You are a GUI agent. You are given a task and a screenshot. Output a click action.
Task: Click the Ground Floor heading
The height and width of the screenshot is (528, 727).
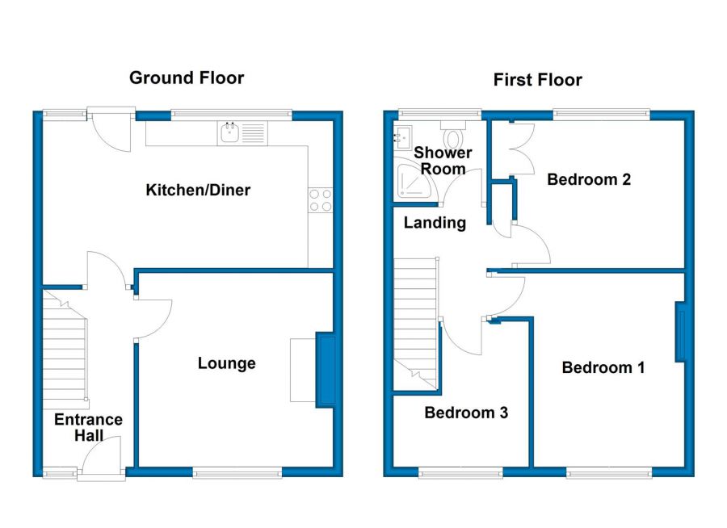[x=187, y=78]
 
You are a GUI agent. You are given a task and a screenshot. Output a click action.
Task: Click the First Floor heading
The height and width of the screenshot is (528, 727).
[x=537, y=80]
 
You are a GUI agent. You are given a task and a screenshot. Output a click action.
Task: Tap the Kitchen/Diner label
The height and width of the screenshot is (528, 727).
[x=198, y=190]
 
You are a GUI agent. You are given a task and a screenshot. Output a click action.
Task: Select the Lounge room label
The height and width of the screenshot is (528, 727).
[x=227, y=363]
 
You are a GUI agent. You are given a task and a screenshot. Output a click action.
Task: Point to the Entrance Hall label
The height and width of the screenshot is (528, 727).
[x=89, y=427]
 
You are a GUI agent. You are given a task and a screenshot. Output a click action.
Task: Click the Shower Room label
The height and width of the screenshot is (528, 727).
[x=443, y=161]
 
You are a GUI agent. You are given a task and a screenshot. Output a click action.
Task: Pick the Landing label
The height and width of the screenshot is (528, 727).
[x=435, y=223]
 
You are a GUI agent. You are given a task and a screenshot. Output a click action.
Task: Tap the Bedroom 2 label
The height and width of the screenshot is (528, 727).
[x=589, y=179]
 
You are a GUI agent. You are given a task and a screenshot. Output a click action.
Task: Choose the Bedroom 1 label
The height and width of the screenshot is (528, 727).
[x=603, y=367]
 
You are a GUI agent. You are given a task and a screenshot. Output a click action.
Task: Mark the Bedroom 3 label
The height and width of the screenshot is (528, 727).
[x=466, y=413]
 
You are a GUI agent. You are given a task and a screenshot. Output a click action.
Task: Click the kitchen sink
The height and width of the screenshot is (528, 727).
[x=242, y=133]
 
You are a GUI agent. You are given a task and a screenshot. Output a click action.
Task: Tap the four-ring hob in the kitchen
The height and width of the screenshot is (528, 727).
[x=321, y=200]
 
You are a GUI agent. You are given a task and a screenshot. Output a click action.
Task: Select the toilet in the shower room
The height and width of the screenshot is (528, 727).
[x=453, y=134]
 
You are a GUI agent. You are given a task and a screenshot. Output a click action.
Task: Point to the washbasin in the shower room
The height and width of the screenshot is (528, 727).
[x=402, y=136]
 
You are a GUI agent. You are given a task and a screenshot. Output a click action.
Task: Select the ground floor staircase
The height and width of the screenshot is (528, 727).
[x=65, y=345]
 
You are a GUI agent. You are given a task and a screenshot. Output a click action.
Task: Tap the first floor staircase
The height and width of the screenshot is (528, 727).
[x=415, y=323]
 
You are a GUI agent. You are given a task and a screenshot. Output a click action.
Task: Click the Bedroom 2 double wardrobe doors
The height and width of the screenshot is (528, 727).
[x=522, y=149]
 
